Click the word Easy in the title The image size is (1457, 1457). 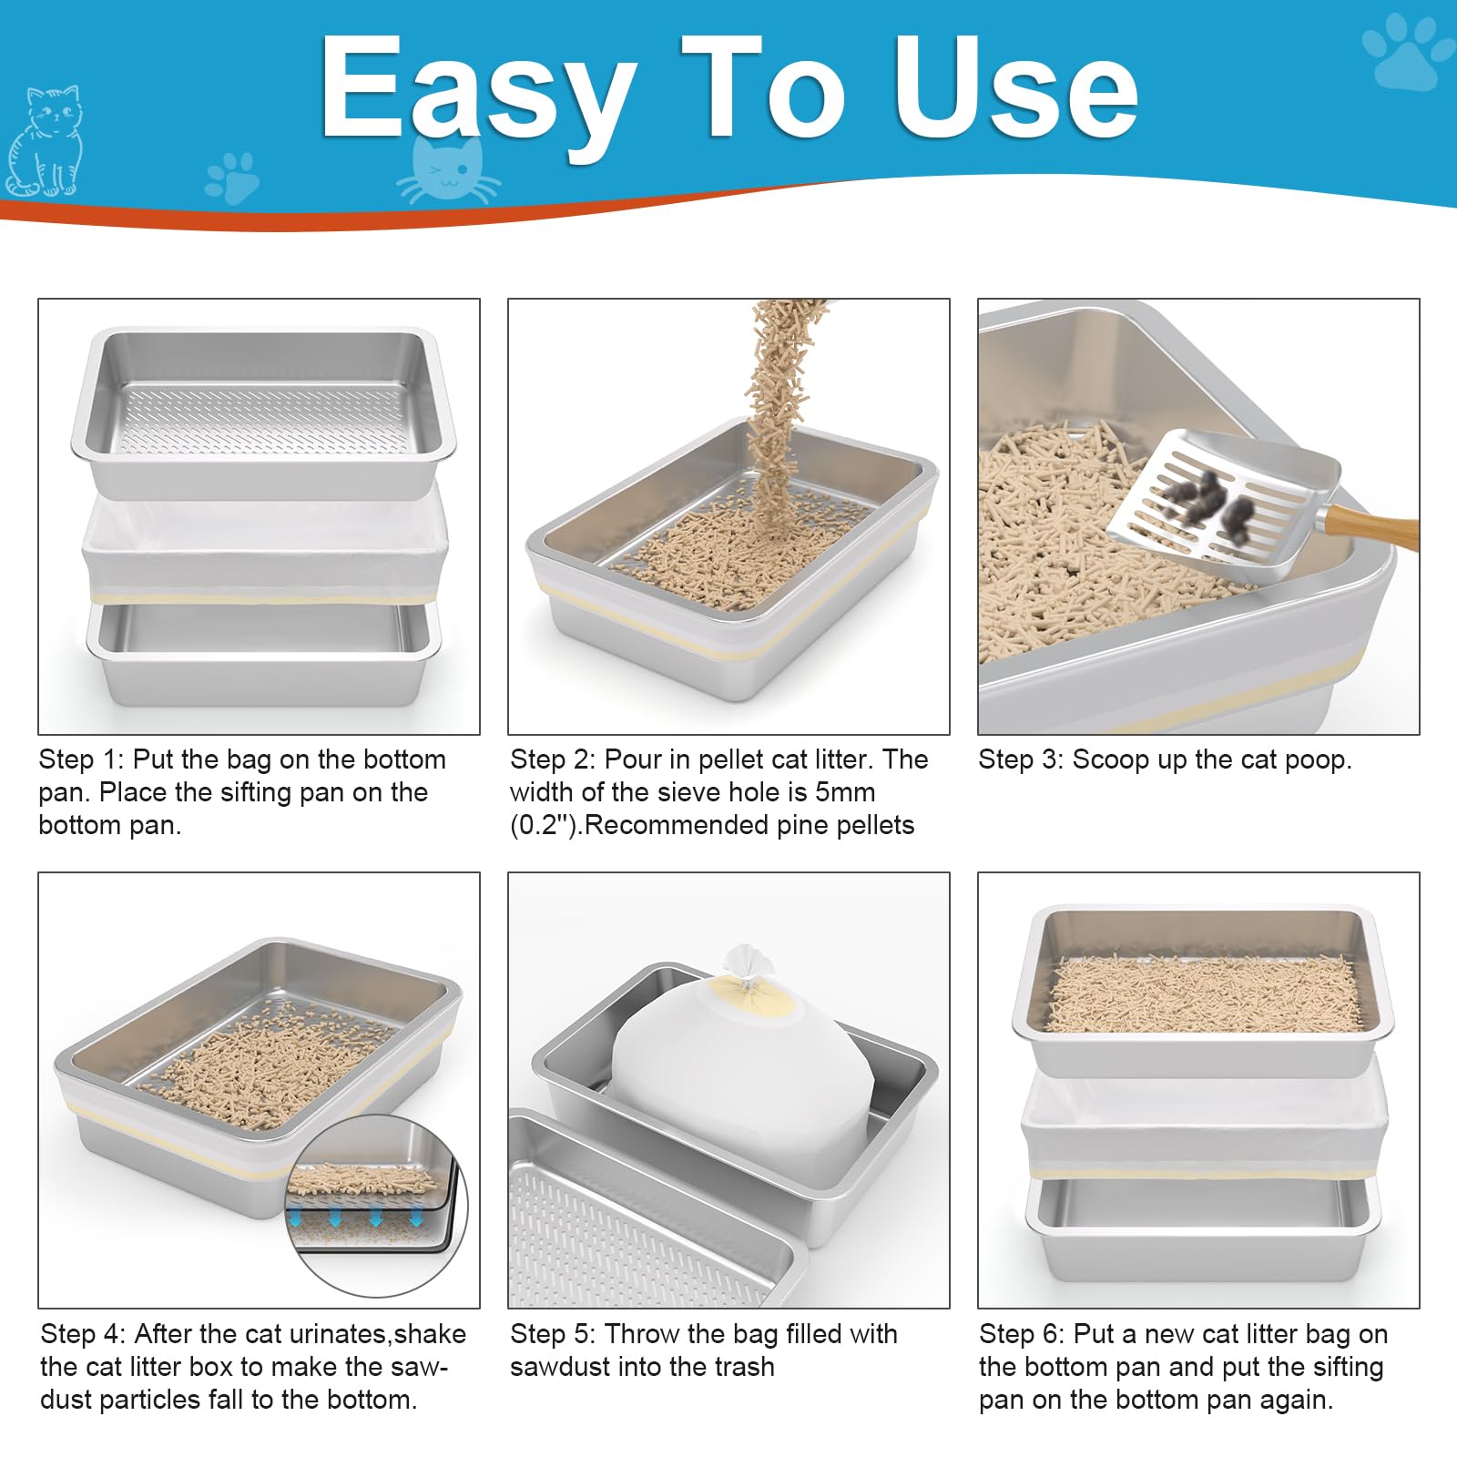click(x=478, y=91)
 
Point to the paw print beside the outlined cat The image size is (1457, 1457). click(x=232, y=178)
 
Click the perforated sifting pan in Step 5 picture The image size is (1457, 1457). click(x=637, y=1220)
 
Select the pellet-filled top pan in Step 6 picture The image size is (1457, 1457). click(x=1202, y=993)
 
